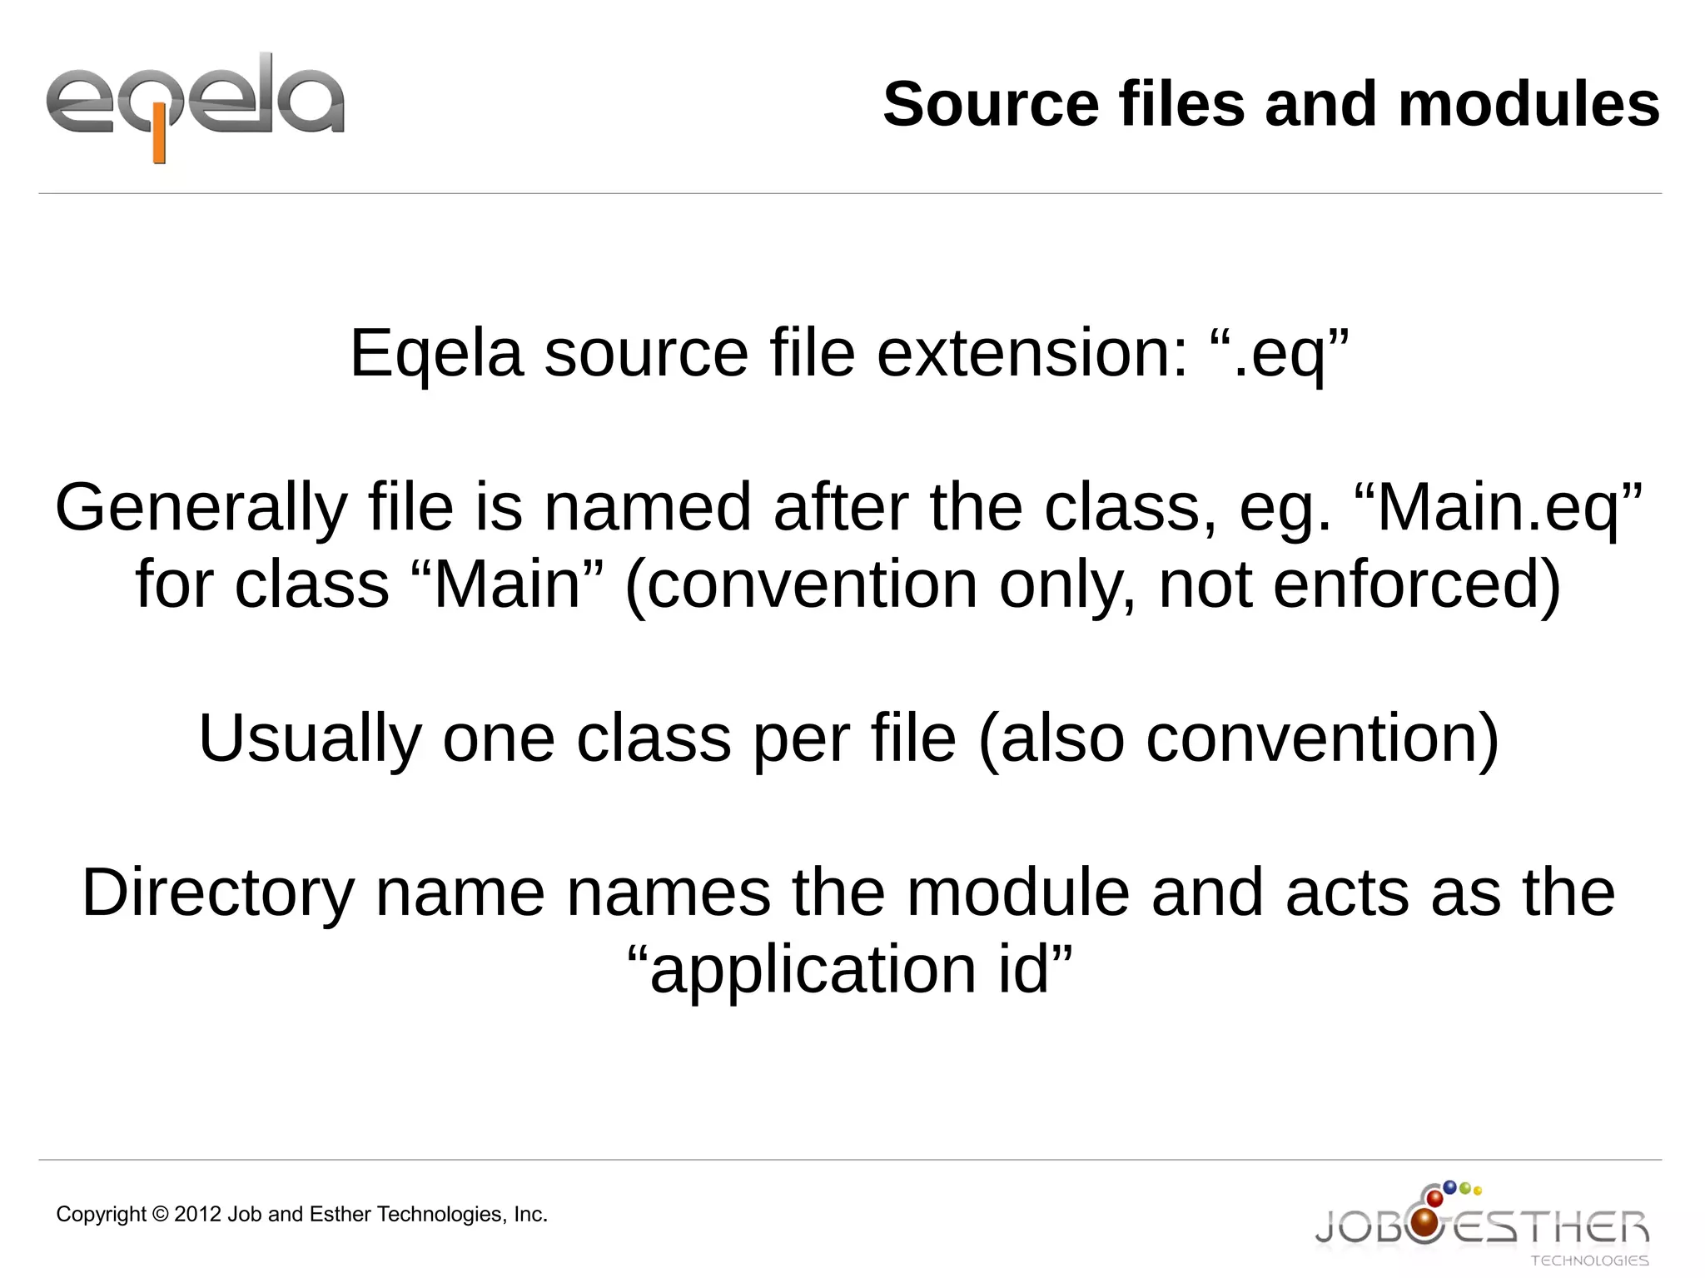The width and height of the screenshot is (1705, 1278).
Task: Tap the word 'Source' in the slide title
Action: pyautogui.click(x=991, y=105)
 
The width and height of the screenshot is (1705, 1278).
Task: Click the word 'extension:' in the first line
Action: pyautogui.click(x=1032, y=353)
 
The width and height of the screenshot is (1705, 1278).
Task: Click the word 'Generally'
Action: pyautogui.click(x=201, y=508)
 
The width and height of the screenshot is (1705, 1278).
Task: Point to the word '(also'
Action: pyautogui.click(x=1051, y=739)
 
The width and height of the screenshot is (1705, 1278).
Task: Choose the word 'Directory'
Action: pyautogui.click(x=218, y=893)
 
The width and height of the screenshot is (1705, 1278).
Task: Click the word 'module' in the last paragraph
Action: pyautogui.click(x=1017, y=893)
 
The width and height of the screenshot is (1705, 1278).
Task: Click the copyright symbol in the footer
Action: pyautogui.click(x=161, y=1215)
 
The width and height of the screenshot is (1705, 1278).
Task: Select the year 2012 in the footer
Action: pyautogui.click(x=197, y=1215)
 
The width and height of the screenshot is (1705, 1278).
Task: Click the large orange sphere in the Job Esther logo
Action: pyautogui.click(x=1426, y=1223)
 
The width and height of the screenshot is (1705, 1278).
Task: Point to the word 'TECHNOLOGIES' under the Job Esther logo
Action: pyautogui.click(x=1588, y=1261)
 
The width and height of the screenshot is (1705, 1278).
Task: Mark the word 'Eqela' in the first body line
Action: pyautogui.click(x=436, y=353)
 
